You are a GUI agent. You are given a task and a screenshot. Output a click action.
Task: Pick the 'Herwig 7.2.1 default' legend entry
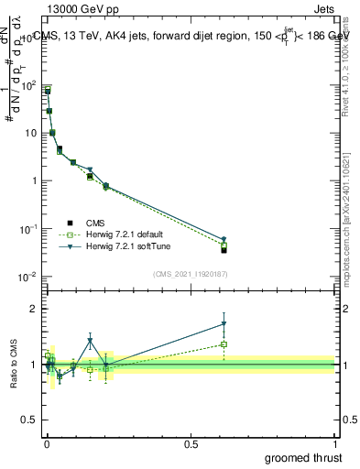pyautogui.click(x=120, y=234)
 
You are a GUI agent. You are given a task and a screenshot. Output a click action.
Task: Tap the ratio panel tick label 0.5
pyautogui.click(x=30, y=421)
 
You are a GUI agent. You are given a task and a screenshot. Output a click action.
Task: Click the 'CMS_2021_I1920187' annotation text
pyautogui.click(x=190, y=274)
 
